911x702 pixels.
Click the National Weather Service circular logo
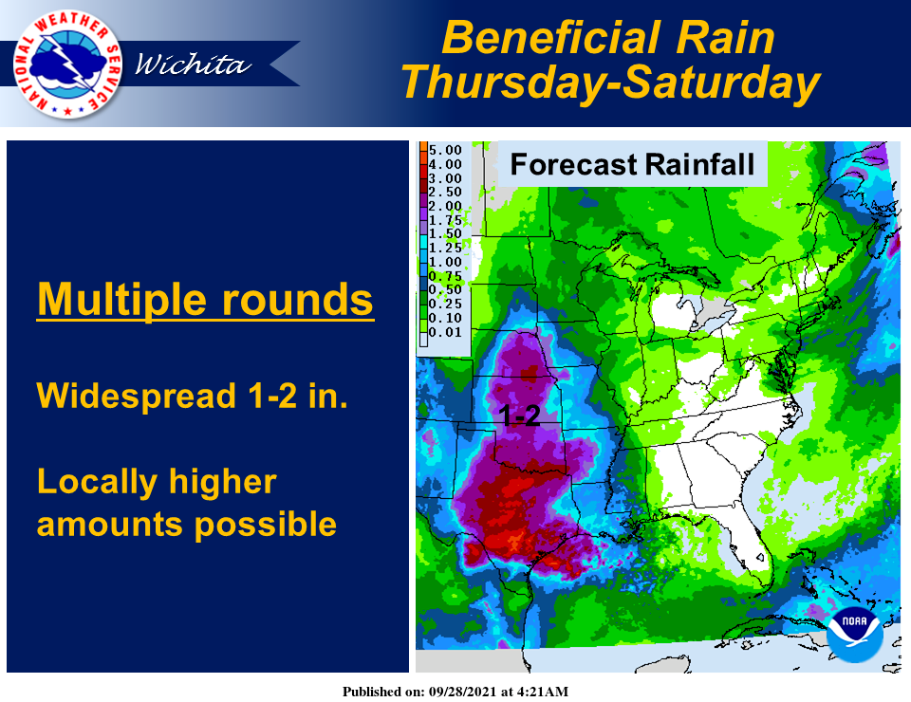coord(67,65)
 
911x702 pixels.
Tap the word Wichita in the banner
coord(193,65)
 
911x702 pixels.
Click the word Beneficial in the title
coord(552,38)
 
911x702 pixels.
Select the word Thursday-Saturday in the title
coord(610,83)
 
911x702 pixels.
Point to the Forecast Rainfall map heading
coord(632,164)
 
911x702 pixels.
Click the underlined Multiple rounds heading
coord(205,300)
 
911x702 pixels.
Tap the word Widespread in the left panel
coord(137,396)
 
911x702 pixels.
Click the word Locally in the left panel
coord(97,483)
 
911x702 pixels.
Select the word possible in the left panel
coord(265,524)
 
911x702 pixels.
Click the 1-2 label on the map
coord(519,416)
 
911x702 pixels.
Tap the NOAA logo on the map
coord(855,635)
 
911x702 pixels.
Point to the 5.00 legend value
coord(445,150)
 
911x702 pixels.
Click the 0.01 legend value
coord(445,332)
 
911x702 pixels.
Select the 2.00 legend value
coord(445,206)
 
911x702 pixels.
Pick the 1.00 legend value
coord(445,262)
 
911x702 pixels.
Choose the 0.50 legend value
coord(445,289)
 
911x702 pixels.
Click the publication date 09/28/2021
coord(463,692)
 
